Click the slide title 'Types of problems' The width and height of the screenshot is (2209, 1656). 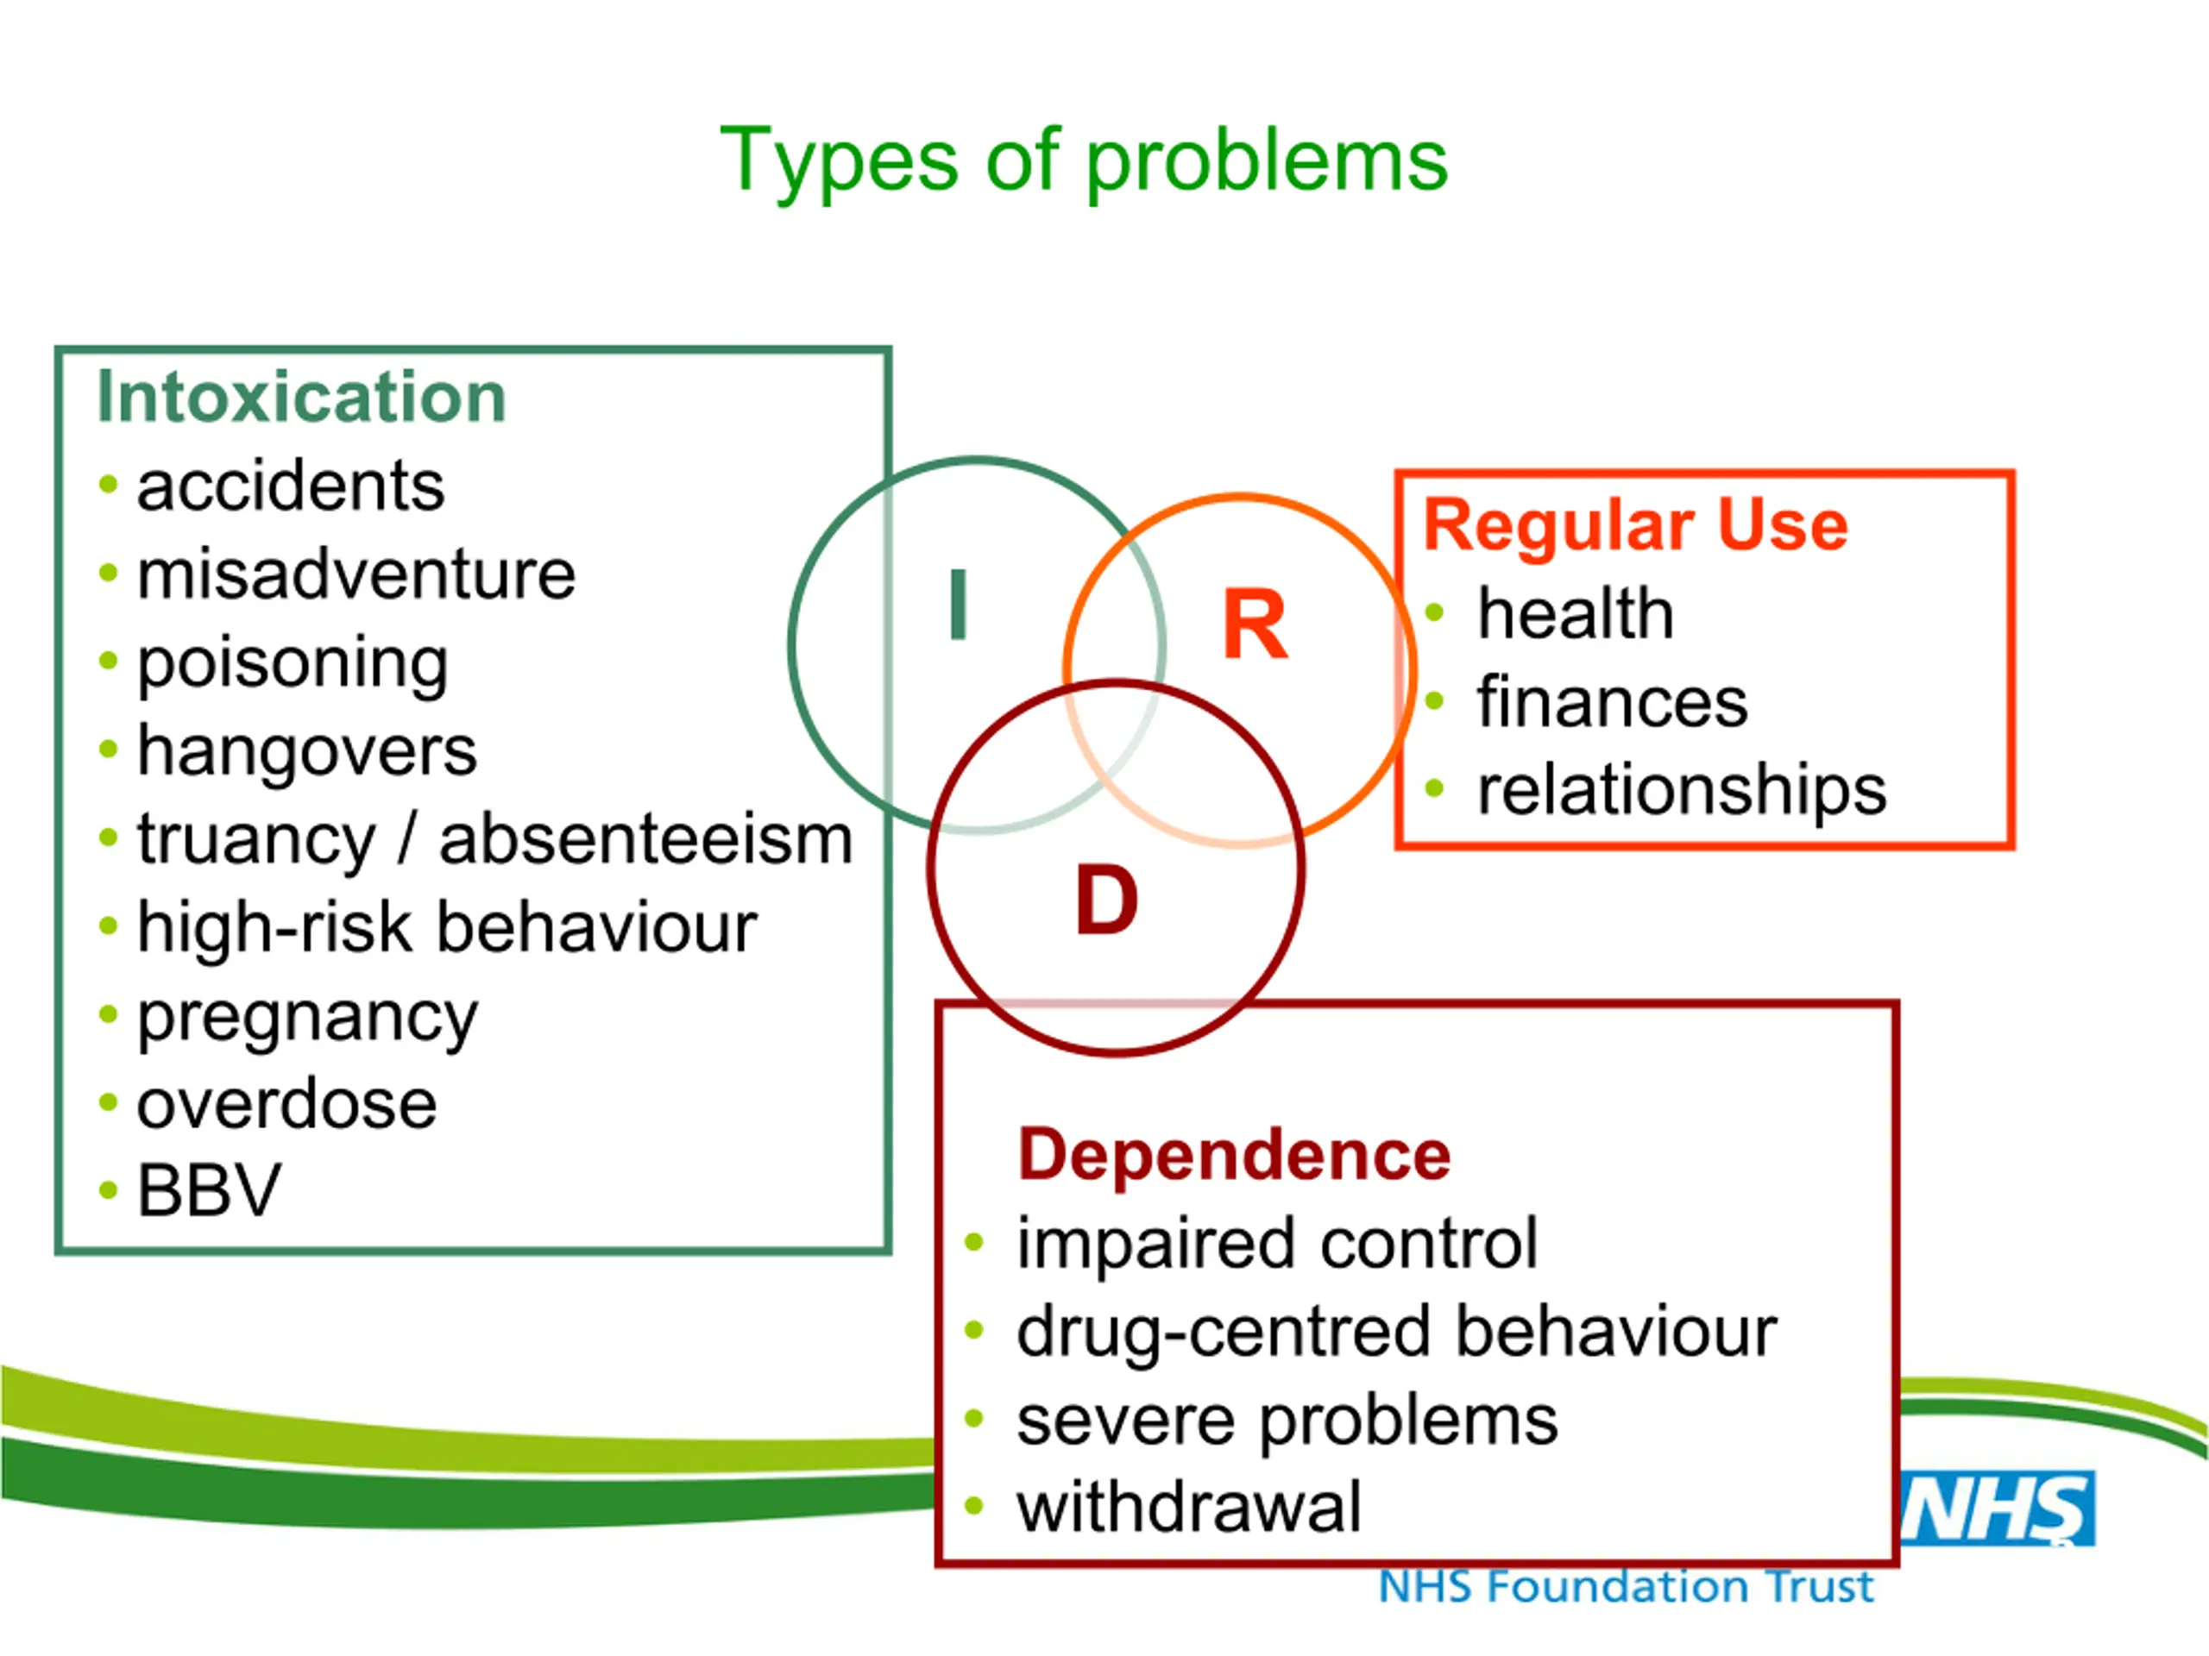(1084, 161)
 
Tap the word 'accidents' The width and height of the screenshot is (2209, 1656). (291, 486)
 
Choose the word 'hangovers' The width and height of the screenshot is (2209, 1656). (306, 751)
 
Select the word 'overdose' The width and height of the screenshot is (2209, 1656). (286, 1104)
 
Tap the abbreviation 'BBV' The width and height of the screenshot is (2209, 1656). (210, 1191)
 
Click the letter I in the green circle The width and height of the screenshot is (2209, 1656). (959, 604)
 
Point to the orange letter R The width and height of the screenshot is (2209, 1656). (1256, 624)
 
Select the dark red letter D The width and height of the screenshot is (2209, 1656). (1106, 900)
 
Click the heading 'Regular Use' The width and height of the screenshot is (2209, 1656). (1636, 525)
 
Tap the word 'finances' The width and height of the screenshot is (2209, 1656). (1613, 702)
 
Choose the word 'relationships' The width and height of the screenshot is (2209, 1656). (1682, 792)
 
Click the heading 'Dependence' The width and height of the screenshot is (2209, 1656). (1234, 1156)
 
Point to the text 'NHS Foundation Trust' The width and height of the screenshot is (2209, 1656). (1626, 1587)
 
